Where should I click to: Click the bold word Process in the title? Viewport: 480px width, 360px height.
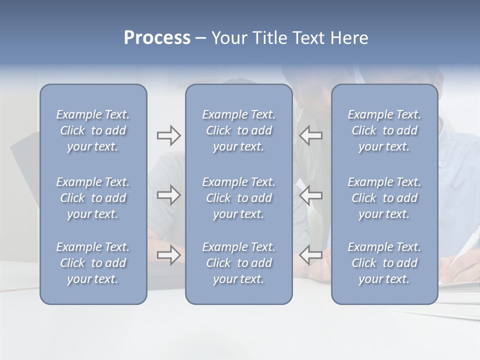[x=157, y=38]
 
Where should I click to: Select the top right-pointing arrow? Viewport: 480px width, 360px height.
[x=168, y=135]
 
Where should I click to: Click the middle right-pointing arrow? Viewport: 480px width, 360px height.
[x=168, y=195]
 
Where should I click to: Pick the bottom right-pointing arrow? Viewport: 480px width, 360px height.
[x=168, y=255]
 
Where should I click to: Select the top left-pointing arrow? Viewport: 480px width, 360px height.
[x=310, y=135]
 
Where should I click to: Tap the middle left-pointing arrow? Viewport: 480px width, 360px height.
[x=310, y=195]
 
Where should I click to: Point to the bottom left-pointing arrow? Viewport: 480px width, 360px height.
[x=310, y=255]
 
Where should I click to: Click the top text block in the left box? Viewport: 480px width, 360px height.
[x=93, y=130]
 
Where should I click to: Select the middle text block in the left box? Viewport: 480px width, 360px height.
[x=93, y=198]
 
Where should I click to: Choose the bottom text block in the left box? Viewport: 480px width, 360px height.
[x=93, y=263]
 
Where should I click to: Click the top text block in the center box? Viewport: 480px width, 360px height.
[x=239, y=130]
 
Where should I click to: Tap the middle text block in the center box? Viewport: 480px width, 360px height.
[x=239, y=198]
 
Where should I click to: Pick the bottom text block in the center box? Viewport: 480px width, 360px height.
[x=239, y=263]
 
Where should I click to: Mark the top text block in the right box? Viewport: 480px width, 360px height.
[x=384, y=130]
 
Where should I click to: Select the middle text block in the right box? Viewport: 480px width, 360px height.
[x=384, y=198]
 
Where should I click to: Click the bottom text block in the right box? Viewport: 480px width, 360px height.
[x=384, y=263]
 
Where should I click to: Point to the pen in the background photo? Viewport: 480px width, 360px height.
[x=462, y=248]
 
